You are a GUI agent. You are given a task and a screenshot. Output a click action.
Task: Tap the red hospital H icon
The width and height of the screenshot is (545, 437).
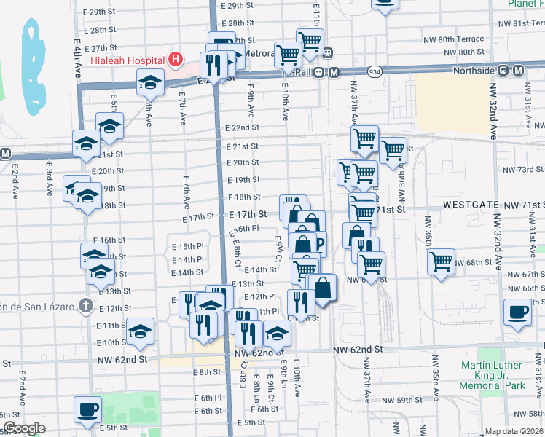pos(175,59)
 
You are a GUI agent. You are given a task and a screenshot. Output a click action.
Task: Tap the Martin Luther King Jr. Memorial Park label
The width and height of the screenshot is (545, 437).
pos(491,375)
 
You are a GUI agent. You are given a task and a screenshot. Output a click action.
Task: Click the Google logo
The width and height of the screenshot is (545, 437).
pos(24,428)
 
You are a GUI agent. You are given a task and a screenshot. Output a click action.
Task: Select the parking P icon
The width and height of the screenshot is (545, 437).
pos(318,244)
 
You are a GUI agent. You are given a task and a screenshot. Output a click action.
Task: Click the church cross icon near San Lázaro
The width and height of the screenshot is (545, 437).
pos(86,305)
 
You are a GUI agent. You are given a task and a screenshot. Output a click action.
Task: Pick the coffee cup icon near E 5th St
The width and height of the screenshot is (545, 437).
pos(88,408)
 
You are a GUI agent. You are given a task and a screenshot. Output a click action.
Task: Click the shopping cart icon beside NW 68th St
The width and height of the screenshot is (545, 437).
pos(442,261)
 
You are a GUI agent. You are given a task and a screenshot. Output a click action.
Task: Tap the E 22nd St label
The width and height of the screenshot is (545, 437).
pos(242,127)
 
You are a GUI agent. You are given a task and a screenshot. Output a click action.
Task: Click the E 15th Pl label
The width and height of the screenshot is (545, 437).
pos(187,247)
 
